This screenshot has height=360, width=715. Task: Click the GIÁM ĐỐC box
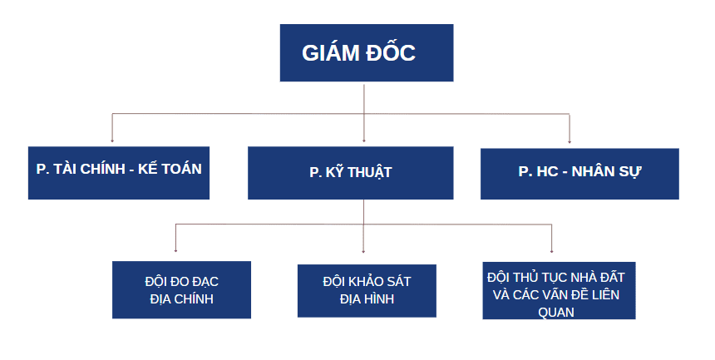pyautogui.click(x=366, y=52)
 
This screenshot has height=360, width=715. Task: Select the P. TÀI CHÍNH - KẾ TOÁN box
pyautogui.click(x=118, y=173)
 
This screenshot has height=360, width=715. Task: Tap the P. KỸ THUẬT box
pyautogui.click(x=350, y=173)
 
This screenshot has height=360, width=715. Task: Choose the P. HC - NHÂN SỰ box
pyautogui.click(x=579, y=173)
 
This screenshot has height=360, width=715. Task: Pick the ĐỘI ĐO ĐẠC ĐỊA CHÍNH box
pyautogui.click(x=181, y=289)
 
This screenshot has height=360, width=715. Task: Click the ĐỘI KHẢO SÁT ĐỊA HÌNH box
pyautogui.click(x=366, y=289)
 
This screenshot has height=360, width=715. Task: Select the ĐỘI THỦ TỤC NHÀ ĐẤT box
pyautogui.click(x=559, y=289)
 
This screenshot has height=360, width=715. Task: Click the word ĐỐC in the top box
pyautogui.click(x=390, y=53)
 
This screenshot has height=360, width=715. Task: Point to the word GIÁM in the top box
pyautogui.click(x=330, y=53)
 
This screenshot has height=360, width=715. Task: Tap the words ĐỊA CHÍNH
pyautogui.click(x=181, y=298)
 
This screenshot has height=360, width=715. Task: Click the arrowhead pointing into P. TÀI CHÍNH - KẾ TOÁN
pyautogui.click(x=112, y=140)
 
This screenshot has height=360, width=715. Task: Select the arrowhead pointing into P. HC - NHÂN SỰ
pyautogui.click(x=570, y=140)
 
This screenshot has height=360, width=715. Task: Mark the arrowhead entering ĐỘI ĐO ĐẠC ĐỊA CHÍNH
pyautogui.click(x=175, y=249)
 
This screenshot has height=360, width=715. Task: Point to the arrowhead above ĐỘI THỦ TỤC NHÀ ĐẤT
pyautogui.click(x=552, y=249)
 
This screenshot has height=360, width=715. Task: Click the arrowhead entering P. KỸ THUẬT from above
pyautogui.click(x=364, y=140)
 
